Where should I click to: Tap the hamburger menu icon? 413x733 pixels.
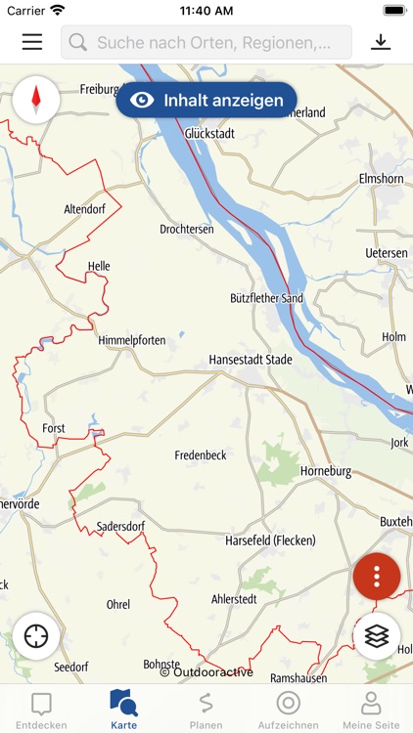pos(32,42)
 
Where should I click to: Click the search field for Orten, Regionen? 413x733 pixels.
pos(206,42)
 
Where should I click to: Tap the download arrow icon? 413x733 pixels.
pos(381,42)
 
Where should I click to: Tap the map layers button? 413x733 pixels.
pos(377,635)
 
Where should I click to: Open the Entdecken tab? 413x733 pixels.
pos(41,710)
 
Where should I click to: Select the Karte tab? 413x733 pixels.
pos(123,710)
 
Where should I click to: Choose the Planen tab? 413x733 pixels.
pos(206,710)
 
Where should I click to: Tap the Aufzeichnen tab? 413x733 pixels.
pos(288,710)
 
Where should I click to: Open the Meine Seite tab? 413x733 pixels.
pos(370,710)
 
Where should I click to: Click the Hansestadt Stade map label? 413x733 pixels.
pos(251,360)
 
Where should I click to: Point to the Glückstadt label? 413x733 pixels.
pos(209,133)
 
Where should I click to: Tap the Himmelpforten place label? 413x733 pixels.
pos(132,340)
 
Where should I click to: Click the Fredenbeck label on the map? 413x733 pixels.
pos(201,455)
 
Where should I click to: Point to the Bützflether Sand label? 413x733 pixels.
pos(266,298)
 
